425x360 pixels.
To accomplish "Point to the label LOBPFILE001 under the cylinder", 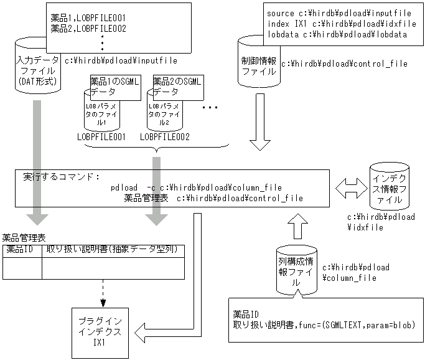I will coord(102,136).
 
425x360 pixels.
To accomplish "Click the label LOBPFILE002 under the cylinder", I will coord(165,136).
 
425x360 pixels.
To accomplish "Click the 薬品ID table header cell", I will coord(22,250).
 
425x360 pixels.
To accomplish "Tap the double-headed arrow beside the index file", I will coord(348,186).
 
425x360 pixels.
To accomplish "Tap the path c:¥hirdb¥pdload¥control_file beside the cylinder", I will coord(345,64).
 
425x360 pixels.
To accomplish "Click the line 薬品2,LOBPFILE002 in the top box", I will coord(88,29).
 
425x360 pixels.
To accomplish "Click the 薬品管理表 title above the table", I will coord(24,237).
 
